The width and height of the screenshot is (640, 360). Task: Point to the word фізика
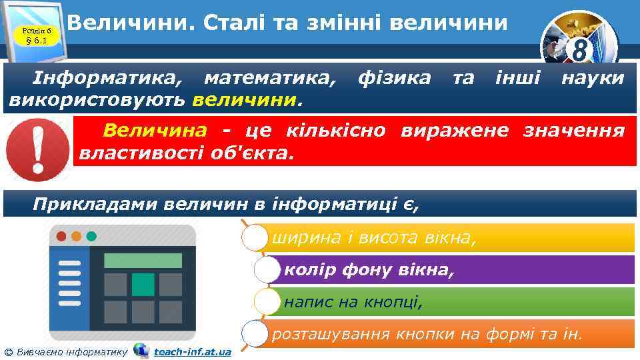click(394, 79)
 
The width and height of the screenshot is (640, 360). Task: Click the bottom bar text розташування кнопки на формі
click(427, 333)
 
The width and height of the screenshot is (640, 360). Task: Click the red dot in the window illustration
click(61, 237)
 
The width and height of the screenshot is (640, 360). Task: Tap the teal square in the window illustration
click(143, 284)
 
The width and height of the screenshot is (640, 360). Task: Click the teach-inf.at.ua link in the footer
click(192, 351)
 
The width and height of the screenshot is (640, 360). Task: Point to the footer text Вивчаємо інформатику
click(70, 351)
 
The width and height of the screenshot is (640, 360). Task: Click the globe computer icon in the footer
click(141, 350)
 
